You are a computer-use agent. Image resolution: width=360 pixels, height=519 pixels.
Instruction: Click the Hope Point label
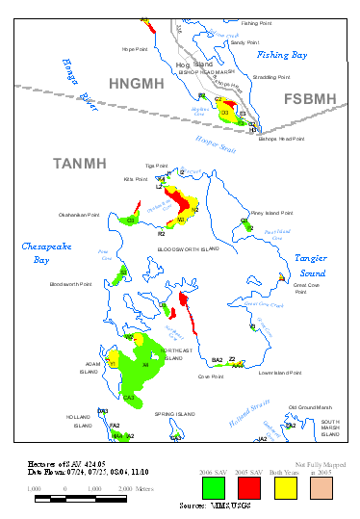coord(134,48)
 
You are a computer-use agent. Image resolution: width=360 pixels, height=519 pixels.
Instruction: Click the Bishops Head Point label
coord(281,139)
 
